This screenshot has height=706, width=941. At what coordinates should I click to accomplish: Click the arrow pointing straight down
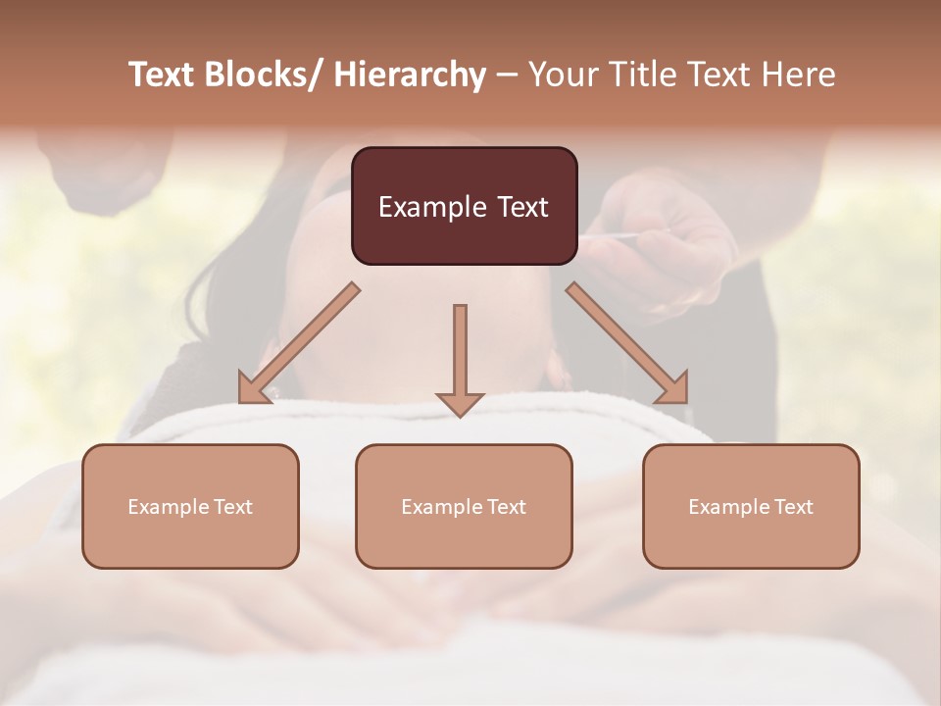pos(460,358)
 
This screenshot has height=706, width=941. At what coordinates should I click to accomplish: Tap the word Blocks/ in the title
pos(263,75)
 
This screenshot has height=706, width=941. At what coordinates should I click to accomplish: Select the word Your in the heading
pos(562,75)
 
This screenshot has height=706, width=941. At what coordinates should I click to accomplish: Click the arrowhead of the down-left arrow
pos(253,390)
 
